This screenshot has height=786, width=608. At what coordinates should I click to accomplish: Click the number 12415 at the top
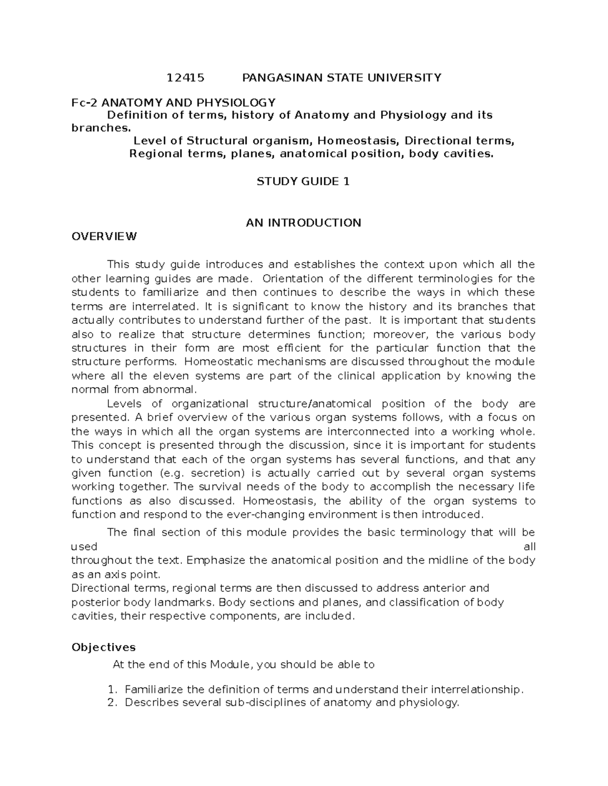point(185,77)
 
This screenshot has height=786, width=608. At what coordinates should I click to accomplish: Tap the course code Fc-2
point(83,102)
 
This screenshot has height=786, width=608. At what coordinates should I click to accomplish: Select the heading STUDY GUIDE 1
point(303,181)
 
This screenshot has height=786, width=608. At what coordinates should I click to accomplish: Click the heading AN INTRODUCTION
point(303,223)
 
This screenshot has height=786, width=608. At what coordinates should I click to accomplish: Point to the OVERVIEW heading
point(104,236)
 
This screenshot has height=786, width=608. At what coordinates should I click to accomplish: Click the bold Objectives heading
point(103,647)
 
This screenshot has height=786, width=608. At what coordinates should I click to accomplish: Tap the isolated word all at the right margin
point(529,547)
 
